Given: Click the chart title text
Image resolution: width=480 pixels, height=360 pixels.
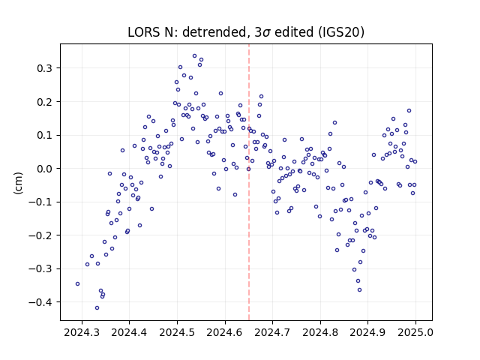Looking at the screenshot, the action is point(246,32).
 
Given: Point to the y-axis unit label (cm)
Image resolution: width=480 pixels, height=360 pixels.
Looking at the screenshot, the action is point(18,183).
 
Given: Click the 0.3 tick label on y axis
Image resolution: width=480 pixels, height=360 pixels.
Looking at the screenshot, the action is point(44,68).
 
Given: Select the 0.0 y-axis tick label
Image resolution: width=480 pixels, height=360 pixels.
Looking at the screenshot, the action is point(44,169).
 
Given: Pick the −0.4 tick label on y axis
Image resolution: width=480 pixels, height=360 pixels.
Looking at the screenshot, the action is point(40,302).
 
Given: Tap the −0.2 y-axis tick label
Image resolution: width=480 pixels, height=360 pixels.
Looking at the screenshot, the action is point(40,235).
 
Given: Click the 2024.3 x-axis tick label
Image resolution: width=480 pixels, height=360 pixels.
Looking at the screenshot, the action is point(82,332).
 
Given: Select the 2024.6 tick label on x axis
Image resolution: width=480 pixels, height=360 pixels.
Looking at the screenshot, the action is point(225,332).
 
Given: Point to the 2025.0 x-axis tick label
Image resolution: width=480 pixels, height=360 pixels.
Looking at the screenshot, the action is point(415,332).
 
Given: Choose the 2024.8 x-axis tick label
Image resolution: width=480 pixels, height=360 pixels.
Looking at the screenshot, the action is point(320,332).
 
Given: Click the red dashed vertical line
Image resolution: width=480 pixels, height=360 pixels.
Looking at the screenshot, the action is point(249,182).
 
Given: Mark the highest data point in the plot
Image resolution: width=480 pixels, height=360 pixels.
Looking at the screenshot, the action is point(194,56).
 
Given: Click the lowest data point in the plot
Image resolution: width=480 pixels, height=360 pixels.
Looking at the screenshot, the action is point(97,308).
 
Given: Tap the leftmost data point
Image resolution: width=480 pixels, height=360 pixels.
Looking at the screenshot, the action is point(77,284).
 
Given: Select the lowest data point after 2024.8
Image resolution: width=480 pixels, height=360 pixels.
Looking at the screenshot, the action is point(360,290).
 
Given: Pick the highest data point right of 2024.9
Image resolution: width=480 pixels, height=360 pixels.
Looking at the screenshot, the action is point(409,111).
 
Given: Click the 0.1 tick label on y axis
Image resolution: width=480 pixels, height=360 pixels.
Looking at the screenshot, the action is point(44,135).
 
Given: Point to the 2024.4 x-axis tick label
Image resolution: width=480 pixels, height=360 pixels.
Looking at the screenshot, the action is point(129,332).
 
